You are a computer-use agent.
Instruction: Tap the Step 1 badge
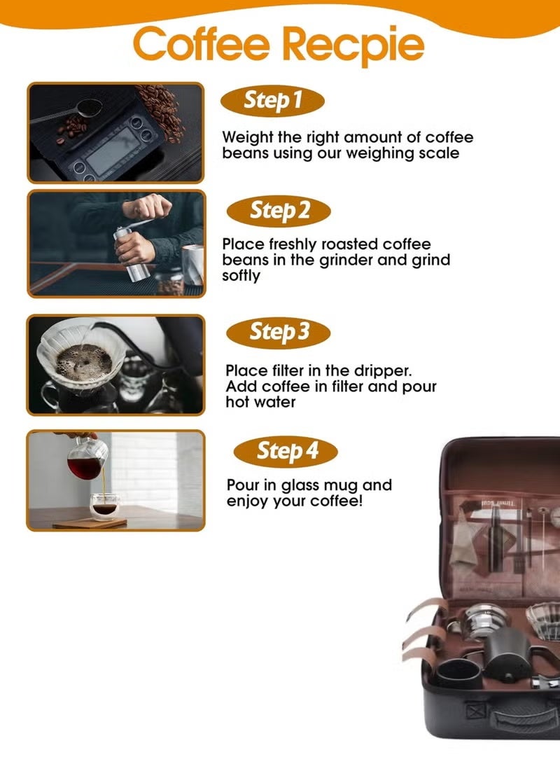coord(272,101)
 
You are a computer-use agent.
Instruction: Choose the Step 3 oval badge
coord(279,331)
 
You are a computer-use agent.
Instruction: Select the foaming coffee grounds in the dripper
coord(83,361)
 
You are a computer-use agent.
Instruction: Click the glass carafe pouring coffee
coord(88,458)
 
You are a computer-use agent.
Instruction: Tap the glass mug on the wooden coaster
coord(104,506)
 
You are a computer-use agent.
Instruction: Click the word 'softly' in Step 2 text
coord(241,276)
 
